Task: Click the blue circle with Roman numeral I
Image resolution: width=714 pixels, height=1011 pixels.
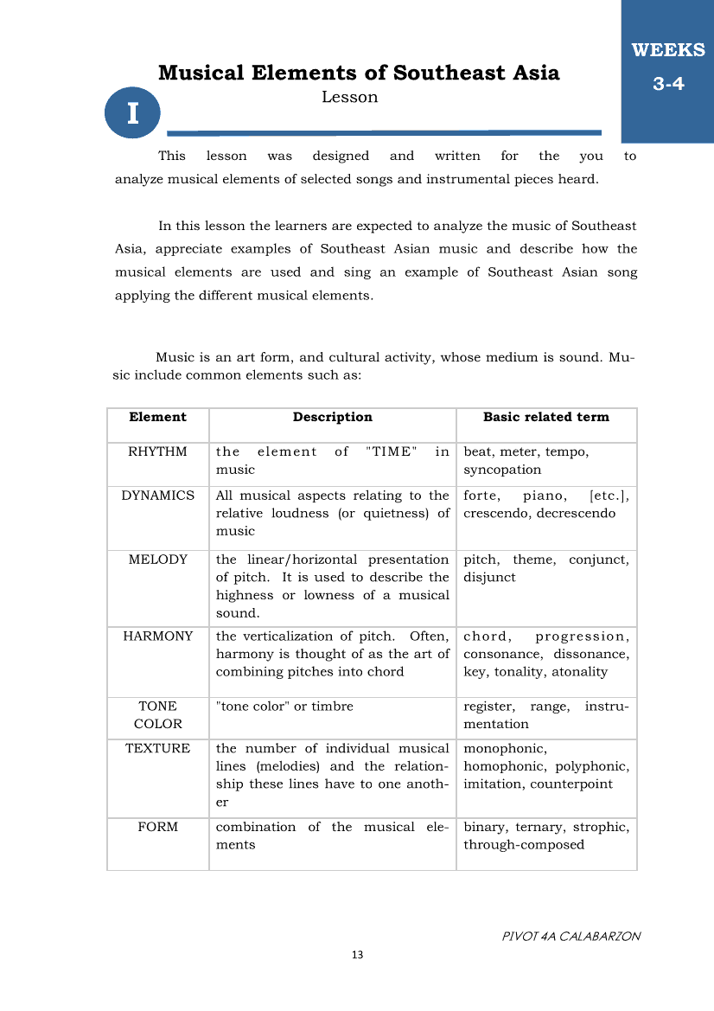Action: [x=132, y=113]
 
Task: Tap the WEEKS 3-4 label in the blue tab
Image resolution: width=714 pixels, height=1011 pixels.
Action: [x=668, y=67]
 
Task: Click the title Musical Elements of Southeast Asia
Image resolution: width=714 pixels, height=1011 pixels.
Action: [x=359, y=73]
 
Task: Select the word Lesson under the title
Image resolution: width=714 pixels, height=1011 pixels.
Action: [x=349, y=97]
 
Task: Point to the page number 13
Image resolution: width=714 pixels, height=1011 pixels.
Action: [x=358, y=955]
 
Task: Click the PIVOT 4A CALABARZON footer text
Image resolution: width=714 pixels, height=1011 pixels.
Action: [x=571, y=936]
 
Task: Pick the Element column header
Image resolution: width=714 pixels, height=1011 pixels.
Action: [x=157, y=417]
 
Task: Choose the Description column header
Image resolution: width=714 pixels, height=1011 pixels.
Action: [x=332, y=417]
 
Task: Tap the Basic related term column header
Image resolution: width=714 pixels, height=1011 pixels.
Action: [x=545, y=417]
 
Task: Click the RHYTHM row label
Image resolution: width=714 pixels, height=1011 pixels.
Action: [x=157, y=451]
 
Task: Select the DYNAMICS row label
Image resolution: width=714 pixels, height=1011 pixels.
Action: [x=157, y=496]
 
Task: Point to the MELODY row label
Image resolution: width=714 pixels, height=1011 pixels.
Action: [x=157, y=560]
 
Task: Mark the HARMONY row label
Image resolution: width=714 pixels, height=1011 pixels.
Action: [x=157, y=636]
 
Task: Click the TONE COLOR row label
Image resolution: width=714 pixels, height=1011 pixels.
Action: [x=157, y=715]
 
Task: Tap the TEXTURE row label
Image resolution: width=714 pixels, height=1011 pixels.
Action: [x=157, y=748]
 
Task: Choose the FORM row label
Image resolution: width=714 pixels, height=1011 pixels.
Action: [x=157, y=827]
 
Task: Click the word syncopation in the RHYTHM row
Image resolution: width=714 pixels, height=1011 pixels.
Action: [x=502, y=470]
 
